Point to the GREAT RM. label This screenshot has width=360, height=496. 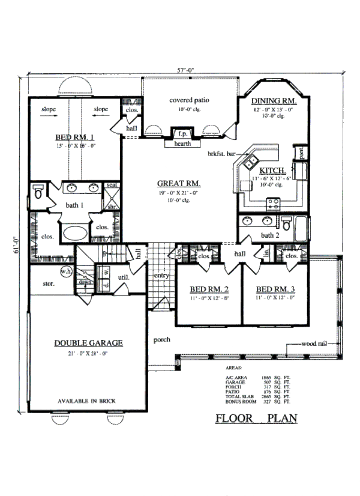tap(179, 183)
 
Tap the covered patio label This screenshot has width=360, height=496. tap(189, 100)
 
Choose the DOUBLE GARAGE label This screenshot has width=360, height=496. tap(89, 343)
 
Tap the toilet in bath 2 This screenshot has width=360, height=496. tap(286, 226)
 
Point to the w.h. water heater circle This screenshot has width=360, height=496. tap(66, 272)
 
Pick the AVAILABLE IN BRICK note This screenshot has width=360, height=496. tap(88, 401)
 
